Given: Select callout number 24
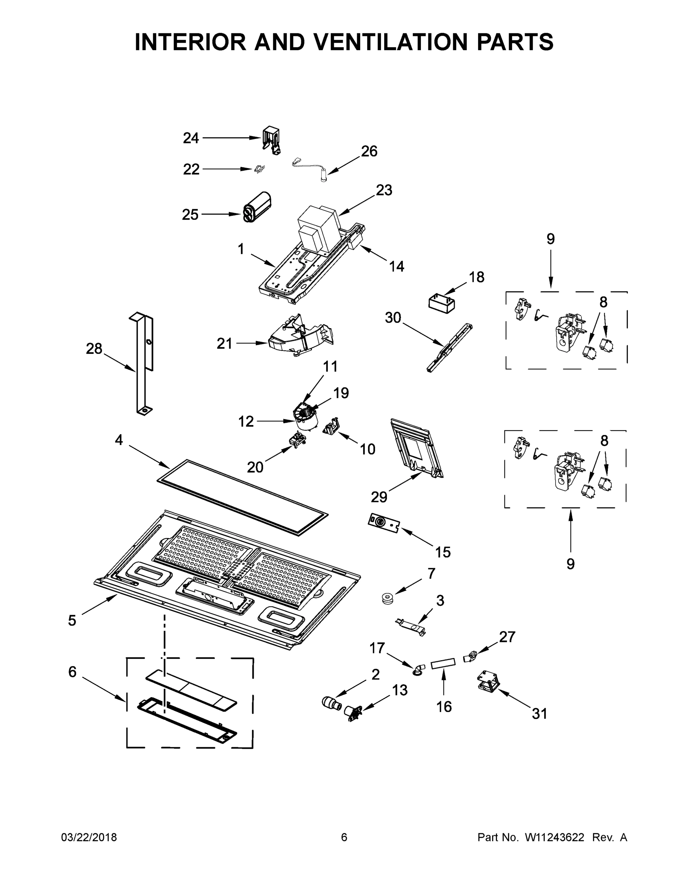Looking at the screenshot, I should point(191,139).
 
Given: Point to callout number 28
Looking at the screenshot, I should point(94,349).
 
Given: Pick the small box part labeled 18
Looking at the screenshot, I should point(441,304).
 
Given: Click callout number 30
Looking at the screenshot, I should point(393,317).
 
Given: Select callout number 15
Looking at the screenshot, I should point(442,552).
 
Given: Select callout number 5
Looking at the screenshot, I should point(72,621).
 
